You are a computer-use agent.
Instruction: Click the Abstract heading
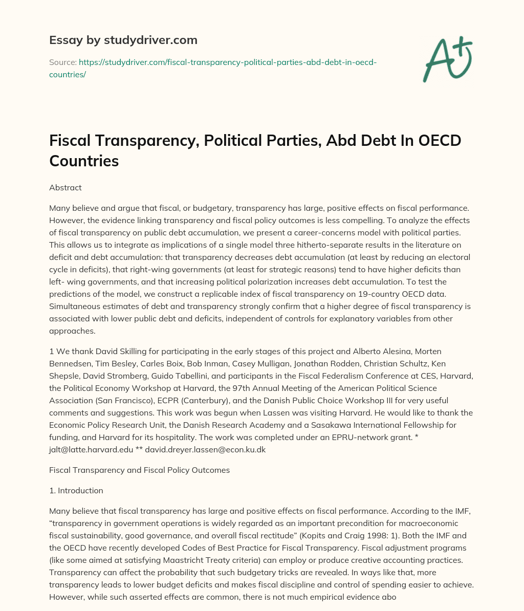[65, 187]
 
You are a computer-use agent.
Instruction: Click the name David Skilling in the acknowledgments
[109, 351]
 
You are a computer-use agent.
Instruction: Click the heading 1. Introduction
[76, 490]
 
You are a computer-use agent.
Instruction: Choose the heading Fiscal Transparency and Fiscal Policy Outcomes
[139, 470]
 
